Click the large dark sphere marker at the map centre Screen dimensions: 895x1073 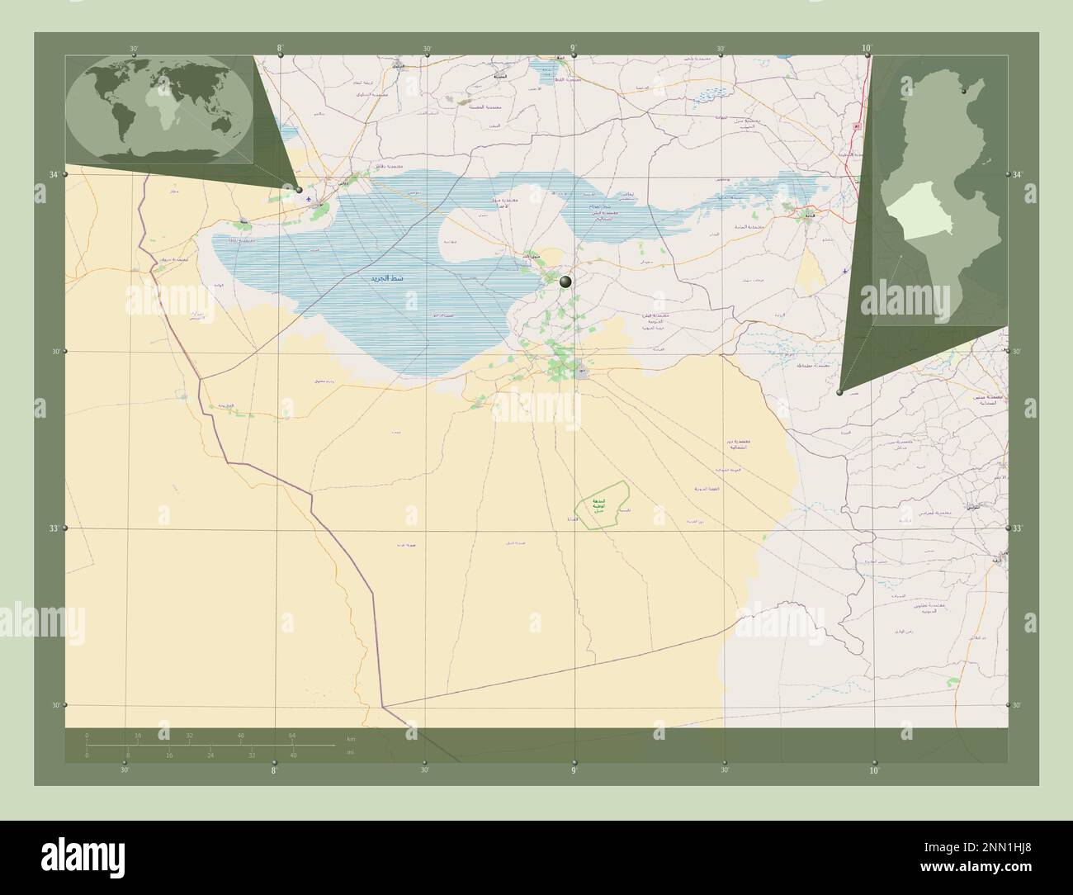click(565, 282)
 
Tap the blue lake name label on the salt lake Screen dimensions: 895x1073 click(387, 279)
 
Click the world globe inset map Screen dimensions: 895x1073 click(159, 110)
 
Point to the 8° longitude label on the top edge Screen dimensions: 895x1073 click(281, 49)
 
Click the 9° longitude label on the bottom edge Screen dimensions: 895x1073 click(574, 770)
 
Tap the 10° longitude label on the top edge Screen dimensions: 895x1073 click(866, 49)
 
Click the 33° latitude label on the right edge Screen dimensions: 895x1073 click(1017, 528)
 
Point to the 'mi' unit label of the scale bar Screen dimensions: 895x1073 click(350, 752)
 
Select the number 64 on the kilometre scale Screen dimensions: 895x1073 click(291, 735)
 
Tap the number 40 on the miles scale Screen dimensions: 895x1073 click(293, 755)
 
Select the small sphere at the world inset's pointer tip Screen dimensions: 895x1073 click(300, 189)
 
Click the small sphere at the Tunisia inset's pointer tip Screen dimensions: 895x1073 click(839, 392)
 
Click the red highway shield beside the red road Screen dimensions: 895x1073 click(857, 126)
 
